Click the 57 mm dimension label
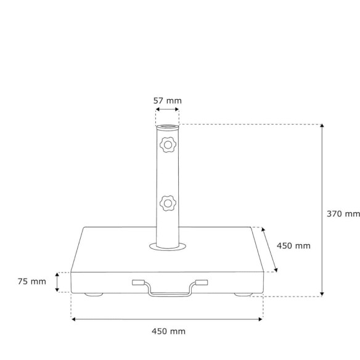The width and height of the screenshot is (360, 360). point(168,101)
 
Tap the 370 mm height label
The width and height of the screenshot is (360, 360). point(343,214)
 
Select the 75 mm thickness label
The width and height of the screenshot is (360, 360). point(32,282)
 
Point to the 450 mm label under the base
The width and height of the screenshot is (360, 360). point(168,331)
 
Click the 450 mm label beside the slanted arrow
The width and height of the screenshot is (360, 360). point(293,246)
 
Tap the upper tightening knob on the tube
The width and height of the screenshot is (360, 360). point(168,145)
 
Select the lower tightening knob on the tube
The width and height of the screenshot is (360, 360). point(168,203)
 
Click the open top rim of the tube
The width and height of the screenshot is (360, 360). point(168,126)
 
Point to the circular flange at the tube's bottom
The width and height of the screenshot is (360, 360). point(168,247)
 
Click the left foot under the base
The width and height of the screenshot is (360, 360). point(94,295)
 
